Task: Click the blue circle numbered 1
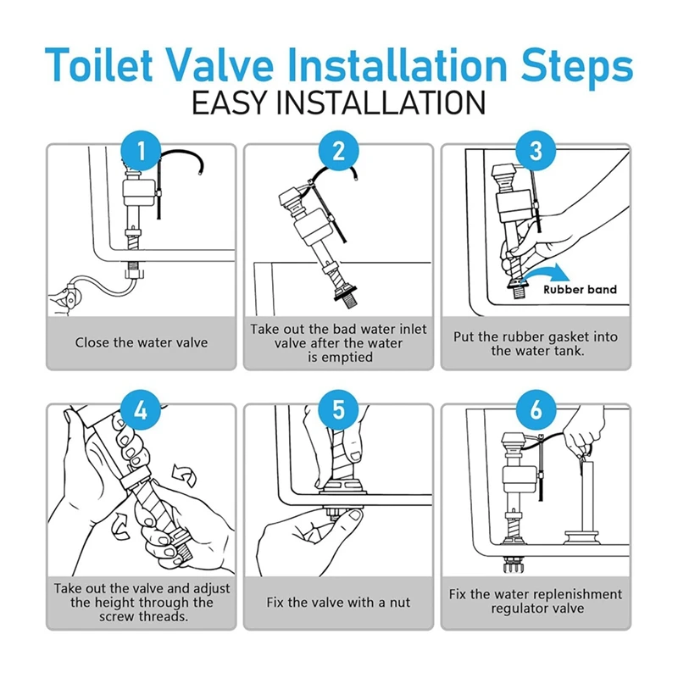pyautogui.click(x=141, y=151)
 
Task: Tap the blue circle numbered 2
pyautogui.click(x=338, y=151)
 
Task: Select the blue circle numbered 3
pyautogui.click(x=536, y=151)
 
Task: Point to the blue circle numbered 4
pyautogui.click(x=141, y=409)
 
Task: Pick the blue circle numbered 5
pyautogui.click(x=338, y=409)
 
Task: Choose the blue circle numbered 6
pyautogui.click(x=536, y=409)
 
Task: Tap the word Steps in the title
pyautogui.click(x=577, y=66)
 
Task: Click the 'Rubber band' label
pyautogui.click(x=580, y=290)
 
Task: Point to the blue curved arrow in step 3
pyautogui.click(x=546, y=270)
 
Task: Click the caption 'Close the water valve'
pyautogui.click(x=142, y=342)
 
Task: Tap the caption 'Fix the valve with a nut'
pyautogui.click(x=338, y=603)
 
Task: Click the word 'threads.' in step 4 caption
pyautogui.click(x=166, y=616)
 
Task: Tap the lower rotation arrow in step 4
pyautogui.click(x=121, y=526)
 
